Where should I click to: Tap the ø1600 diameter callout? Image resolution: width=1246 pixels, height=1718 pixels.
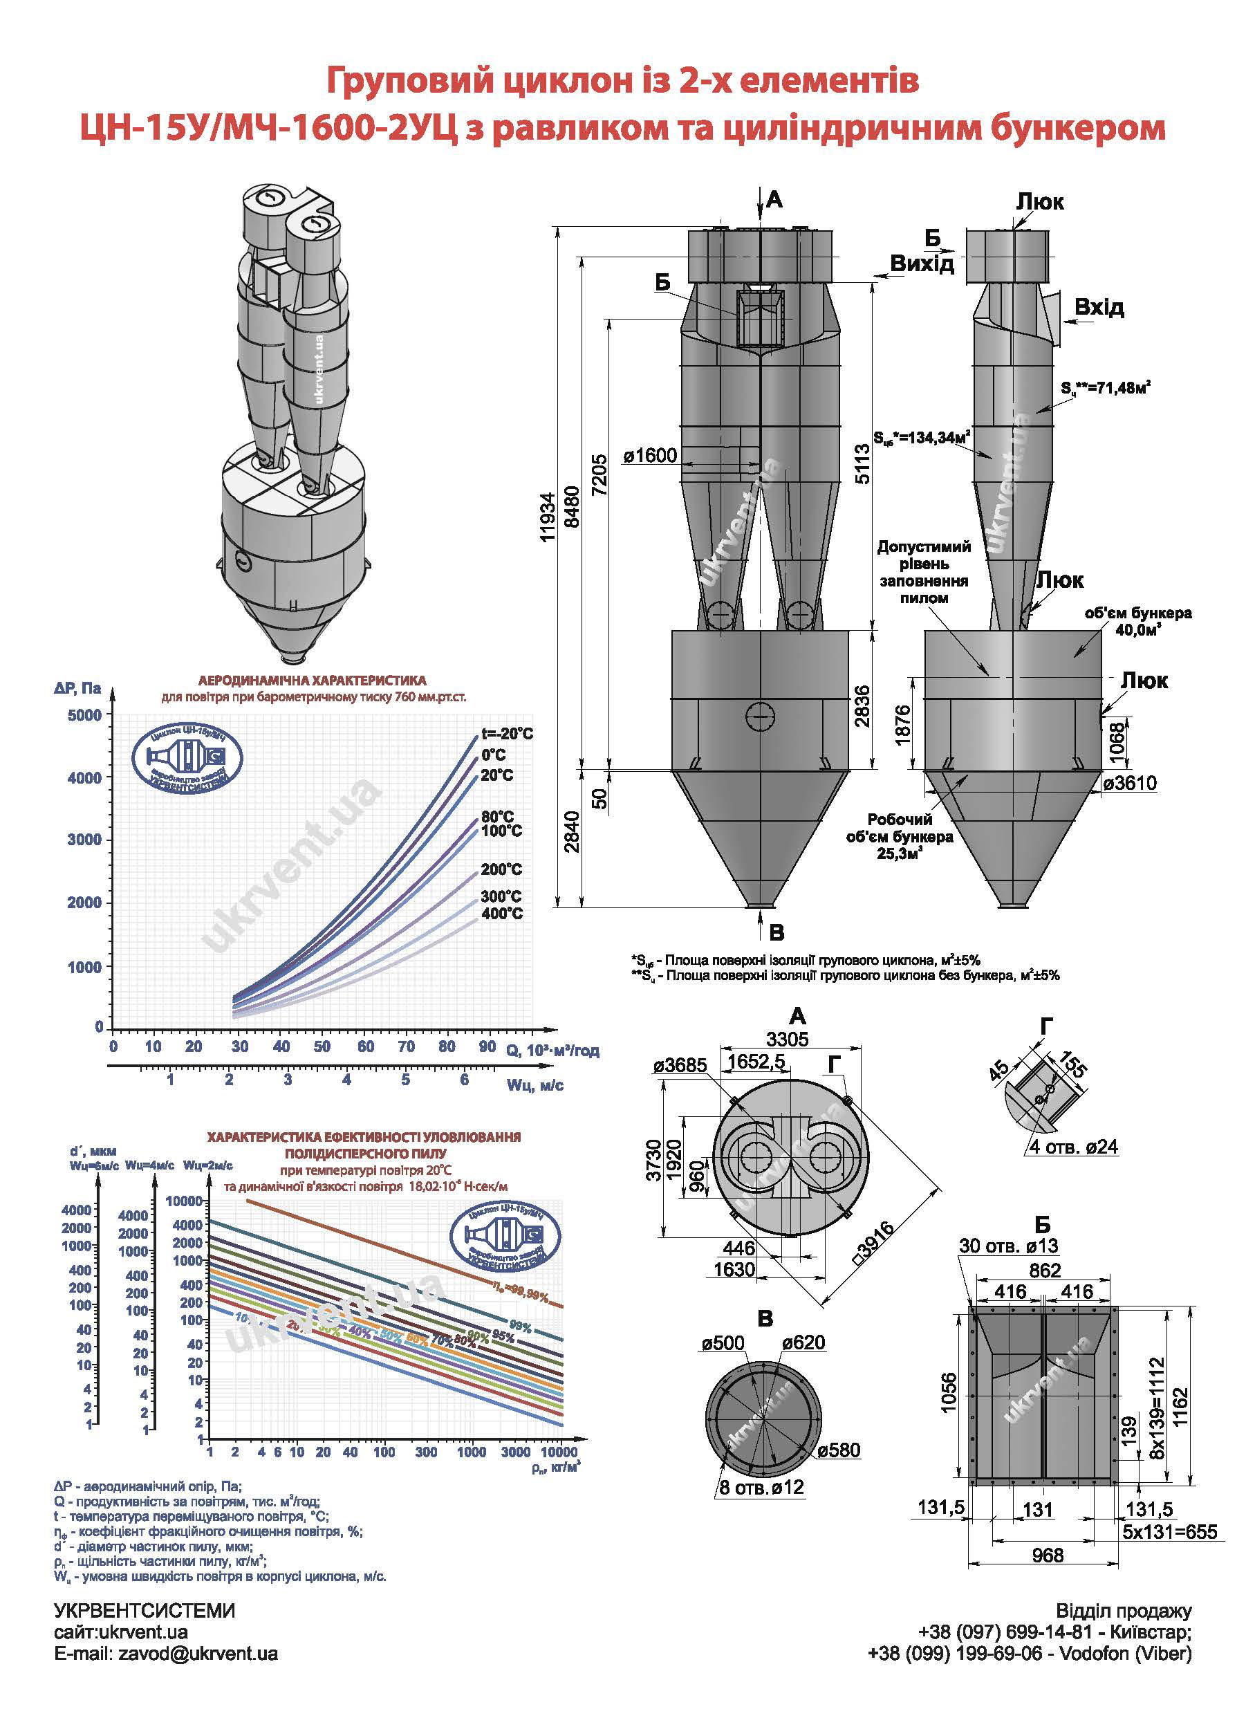pyautogui.click(x=651, y=456)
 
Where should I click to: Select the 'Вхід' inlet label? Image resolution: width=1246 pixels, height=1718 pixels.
pyautogui.click(x=1099, y=308)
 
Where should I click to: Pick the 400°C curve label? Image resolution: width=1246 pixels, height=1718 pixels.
pyautogui.click(x=501, y=914)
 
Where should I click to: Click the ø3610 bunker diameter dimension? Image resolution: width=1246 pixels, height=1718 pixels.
pyautogui.click(x=1129, y=783)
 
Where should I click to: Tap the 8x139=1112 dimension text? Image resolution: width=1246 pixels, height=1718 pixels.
pyautogui.click(x=1158, y=1394)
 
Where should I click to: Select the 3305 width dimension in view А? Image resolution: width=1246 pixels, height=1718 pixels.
pyautogui.click(x=787, y=1039)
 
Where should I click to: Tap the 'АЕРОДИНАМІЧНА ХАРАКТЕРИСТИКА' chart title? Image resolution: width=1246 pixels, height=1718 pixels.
pyautogui.click(x=312, y=681)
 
